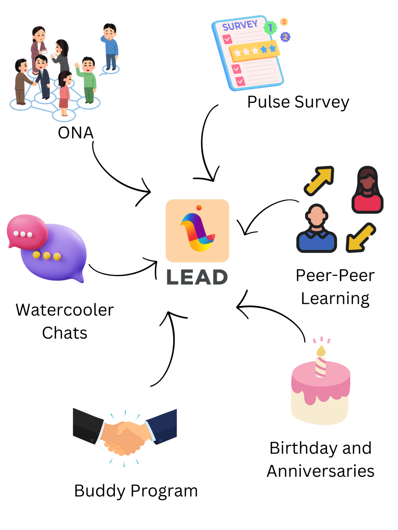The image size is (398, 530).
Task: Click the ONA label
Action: [76, 133]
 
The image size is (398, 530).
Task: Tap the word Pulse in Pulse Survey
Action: [268, 102]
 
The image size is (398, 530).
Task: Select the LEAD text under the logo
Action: [197, 277]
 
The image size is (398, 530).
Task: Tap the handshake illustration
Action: [125, 437]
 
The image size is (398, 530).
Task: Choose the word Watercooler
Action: [65, 310]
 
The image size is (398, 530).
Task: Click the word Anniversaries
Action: [321, 471]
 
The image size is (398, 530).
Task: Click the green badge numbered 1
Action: [270, 27]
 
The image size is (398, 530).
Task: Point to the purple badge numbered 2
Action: [285, 37]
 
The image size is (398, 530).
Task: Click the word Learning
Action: [335, 299]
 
